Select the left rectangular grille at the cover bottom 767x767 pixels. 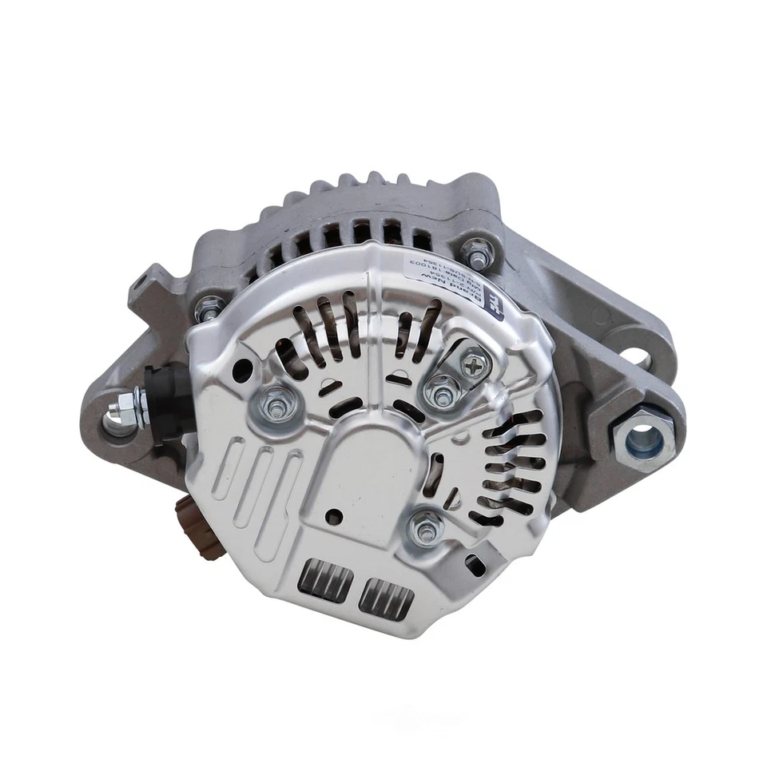point(325,580)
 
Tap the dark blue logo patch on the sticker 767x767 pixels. point(494,307)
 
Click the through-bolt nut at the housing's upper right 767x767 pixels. point(479,252)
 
